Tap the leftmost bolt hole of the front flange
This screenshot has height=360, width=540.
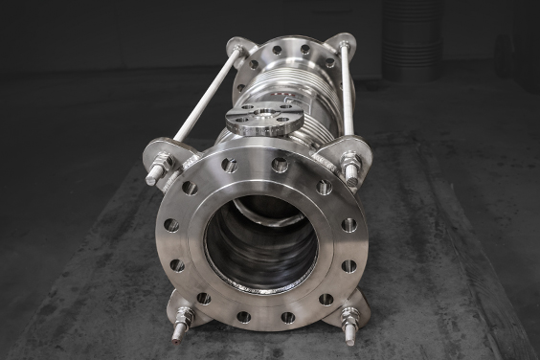tap(170, 225)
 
